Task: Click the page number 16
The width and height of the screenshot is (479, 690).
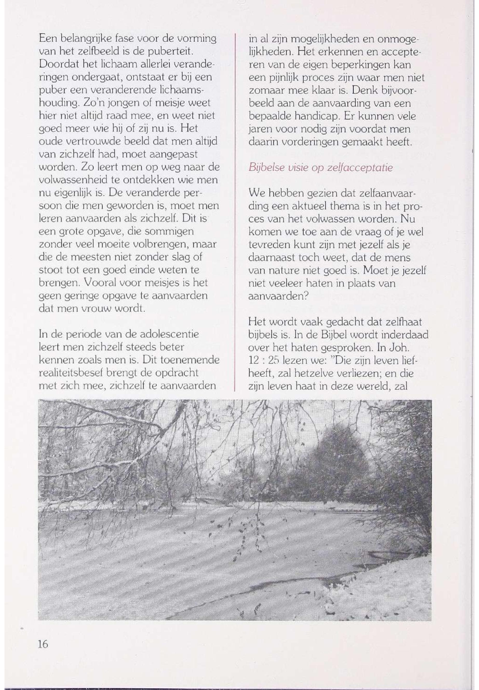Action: pyautogui.click(x=43, y=644)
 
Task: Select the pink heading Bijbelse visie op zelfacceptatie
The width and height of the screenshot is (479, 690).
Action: pyautogui.click(x=321, y=168)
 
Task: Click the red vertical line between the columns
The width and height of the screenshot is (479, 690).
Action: pyautogui.click(x=234, y=210)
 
